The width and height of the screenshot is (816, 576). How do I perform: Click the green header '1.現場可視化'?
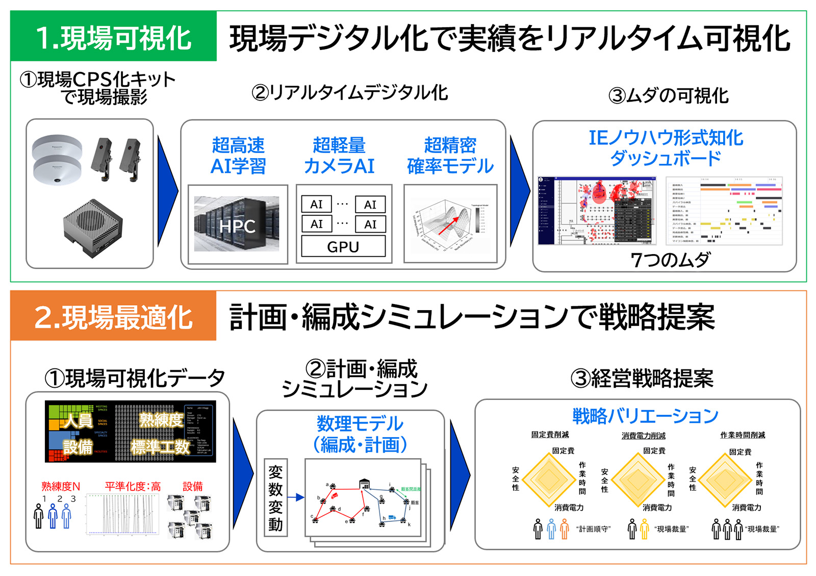[x=113, y=37]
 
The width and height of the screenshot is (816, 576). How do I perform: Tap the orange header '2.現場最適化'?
[x=113, y=316]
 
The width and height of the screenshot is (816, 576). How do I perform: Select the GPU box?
[x=343, y=247]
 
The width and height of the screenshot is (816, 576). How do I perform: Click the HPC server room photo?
[x=237, y=224]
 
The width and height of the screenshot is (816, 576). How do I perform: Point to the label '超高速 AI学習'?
[x=238, y=156]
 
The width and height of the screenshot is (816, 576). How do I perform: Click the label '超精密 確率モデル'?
[x=450, y=156]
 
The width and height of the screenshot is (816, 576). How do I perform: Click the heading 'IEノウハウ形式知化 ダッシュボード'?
[x=666, y=147]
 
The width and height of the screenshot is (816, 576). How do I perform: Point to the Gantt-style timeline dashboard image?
[x=724, y=211]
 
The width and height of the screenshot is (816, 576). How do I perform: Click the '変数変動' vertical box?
[x=275, y=497]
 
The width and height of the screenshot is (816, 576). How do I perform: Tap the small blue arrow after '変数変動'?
[x=296, y=497]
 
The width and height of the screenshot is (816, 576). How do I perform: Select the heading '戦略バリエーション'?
[x=645, y=416]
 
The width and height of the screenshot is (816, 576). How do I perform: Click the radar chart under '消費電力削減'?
[x=637, y=479]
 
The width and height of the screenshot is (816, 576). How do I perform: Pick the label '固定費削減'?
[x=550, y=435]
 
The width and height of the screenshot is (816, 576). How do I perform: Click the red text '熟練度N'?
[x=61, y=486]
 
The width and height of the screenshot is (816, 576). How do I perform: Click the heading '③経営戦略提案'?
[x=642, y=379]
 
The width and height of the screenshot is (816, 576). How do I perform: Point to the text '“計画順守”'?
[x=593, y=529]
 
